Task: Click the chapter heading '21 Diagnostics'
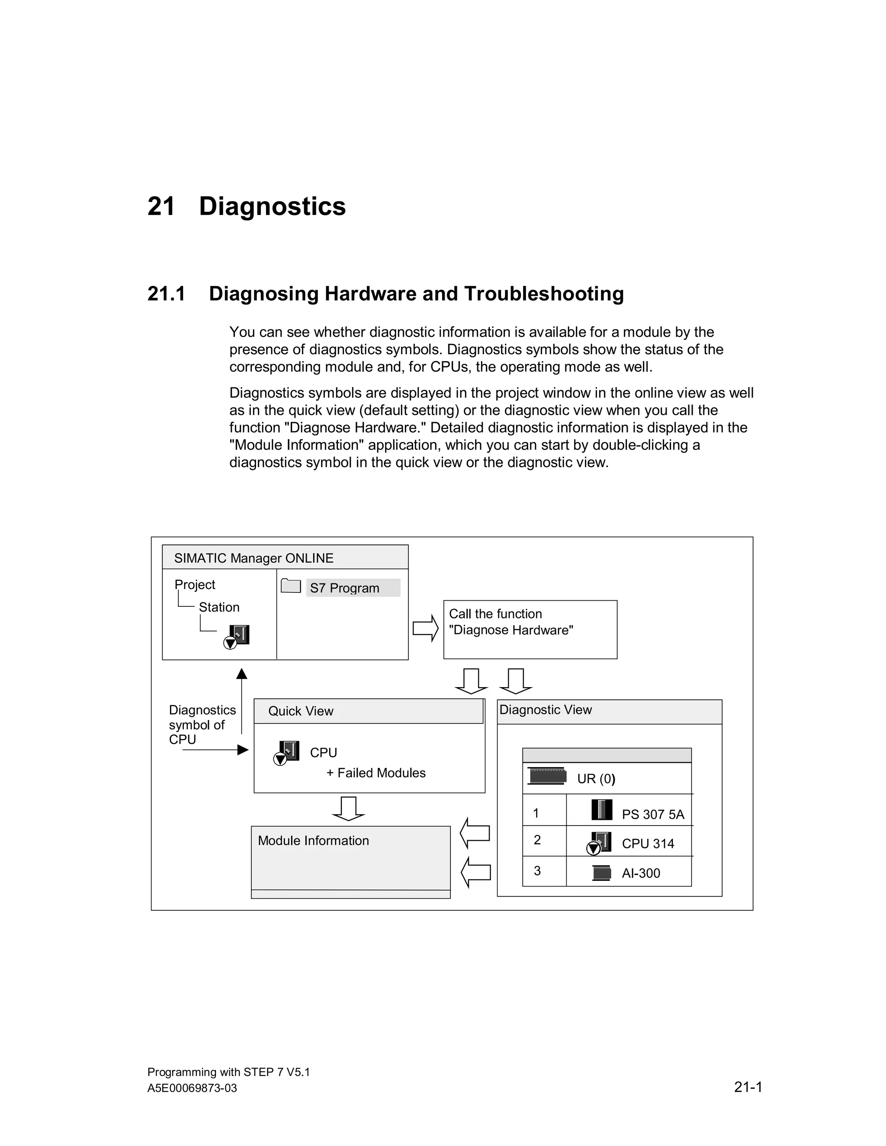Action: pos(246,206)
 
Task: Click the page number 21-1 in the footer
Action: pos(748,1087)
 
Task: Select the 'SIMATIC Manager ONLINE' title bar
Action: pos(254,558)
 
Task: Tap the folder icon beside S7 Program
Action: pos(290,586)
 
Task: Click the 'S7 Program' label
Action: pos(345,588)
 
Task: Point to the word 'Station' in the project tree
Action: pos(219,607)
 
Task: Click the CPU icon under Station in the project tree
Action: pos(237,637)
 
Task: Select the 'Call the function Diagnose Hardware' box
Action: pos(530,629)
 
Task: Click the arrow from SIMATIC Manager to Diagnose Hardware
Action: pos(425,628)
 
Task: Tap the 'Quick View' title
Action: pos(301,711)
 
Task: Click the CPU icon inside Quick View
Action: pos(287,752)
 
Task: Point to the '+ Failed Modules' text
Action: pos(376,773)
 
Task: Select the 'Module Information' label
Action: pos(313,841)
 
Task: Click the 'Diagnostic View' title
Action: pos(546,710)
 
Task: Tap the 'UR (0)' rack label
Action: pos(596,779)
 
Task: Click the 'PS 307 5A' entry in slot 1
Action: pos(652,814)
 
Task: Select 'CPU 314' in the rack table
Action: pos(648,844)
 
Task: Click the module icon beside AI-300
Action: pos(601,873)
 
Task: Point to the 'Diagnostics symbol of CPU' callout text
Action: pos(202,725)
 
